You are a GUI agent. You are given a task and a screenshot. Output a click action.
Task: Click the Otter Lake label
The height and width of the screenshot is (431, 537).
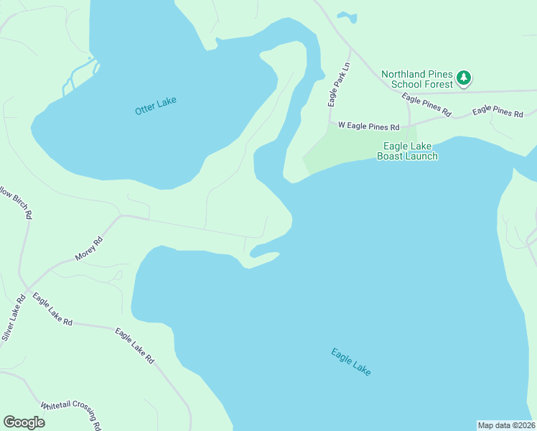coord(155,105)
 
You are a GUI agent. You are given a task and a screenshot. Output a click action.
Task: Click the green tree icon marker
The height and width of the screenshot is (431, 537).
coord(464,78)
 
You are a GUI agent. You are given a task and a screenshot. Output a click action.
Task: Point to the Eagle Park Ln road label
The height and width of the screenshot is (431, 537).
coord(338,85)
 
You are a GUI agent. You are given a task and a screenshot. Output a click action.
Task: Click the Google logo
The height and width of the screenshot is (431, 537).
coord(24,422)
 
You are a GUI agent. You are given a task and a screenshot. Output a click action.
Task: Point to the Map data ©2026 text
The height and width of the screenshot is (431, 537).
coord(506,425)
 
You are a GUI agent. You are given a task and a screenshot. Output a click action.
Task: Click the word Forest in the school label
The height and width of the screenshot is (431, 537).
coord(439,84)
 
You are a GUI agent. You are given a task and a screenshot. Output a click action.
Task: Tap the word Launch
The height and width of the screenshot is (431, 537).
coord(422,156)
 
